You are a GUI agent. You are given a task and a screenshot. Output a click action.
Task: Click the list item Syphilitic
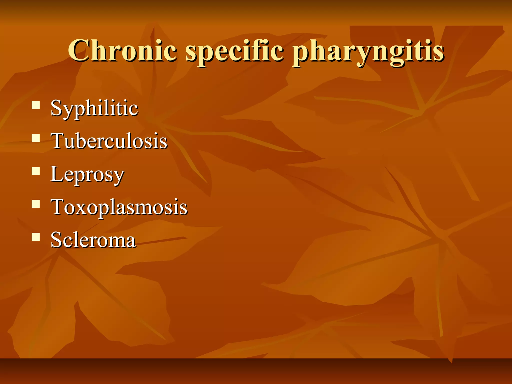[94, 108]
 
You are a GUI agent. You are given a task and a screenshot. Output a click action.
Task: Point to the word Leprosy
[87, 174]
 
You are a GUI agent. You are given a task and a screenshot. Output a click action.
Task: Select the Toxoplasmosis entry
[119, 207]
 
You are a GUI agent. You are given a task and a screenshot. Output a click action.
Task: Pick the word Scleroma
[93, 240]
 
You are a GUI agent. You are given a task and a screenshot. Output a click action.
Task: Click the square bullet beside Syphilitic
[36, 105]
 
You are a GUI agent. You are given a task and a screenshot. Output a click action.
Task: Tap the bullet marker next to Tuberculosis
[36, 138]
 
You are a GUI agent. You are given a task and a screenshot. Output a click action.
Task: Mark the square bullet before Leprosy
[36, 171]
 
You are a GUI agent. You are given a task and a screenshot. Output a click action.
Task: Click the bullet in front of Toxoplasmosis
[36, 204]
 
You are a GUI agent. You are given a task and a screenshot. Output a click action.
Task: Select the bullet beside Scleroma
[36, 236]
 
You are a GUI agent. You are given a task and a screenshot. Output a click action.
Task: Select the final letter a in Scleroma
[130, 241]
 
